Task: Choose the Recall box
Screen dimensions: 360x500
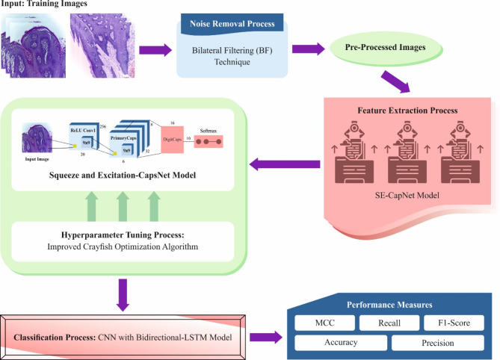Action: pos(383,323)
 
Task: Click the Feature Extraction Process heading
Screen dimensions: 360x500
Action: pos(410,111)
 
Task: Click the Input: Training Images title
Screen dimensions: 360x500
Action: pos(46,5)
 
